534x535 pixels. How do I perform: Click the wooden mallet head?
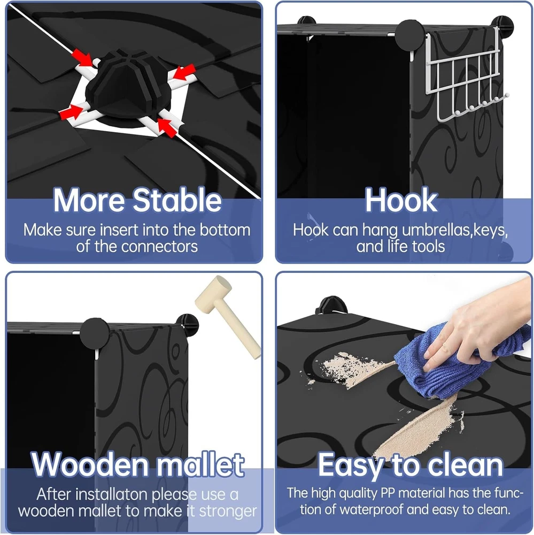(x=213, y=292)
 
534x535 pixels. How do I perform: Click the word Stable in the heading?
(x=177, y=200)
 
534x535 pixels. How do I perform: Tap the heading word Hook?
(x=401, y=200)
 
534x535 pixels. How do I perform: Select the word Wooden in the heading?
(x=90, y=464)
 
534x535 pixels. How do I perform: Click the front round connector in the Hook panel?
(x=409, y=35)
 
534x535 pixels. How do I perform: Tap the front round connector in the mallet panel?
(x=95, y=333)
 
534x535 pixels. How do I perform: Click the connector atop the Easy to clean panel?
(x=330, y=305)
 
